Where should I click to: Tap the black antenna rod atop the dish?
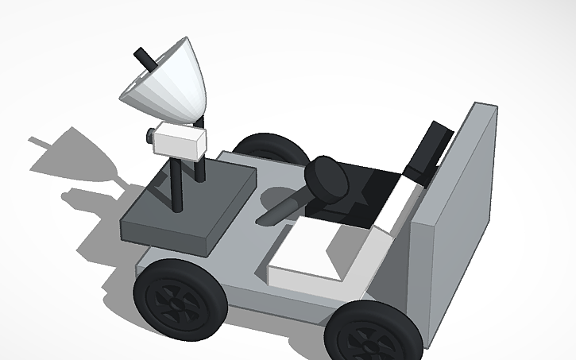144,58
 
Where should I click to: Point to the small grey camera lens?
149,136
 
